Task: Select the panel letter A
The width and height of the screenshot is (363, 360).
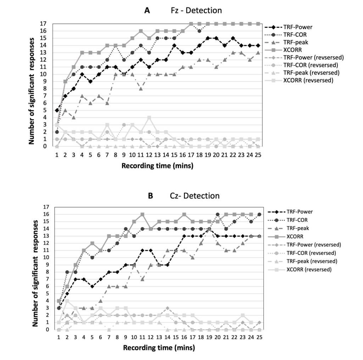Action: point(147,10)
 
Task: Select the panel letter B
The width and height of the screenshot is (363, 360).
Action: point(150,195)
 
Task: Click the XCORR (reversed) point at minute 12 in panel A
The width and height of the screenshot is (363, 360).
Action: point(149,117)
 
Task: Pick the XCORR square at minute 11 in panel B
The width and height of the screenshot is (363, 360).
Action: point(142,214)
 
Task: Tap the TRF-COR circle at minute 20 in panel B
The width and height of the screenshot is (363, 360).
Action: point(217,214)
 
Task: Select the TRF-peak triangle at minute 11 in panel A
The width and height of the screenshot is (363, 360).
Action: point(141,89)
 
